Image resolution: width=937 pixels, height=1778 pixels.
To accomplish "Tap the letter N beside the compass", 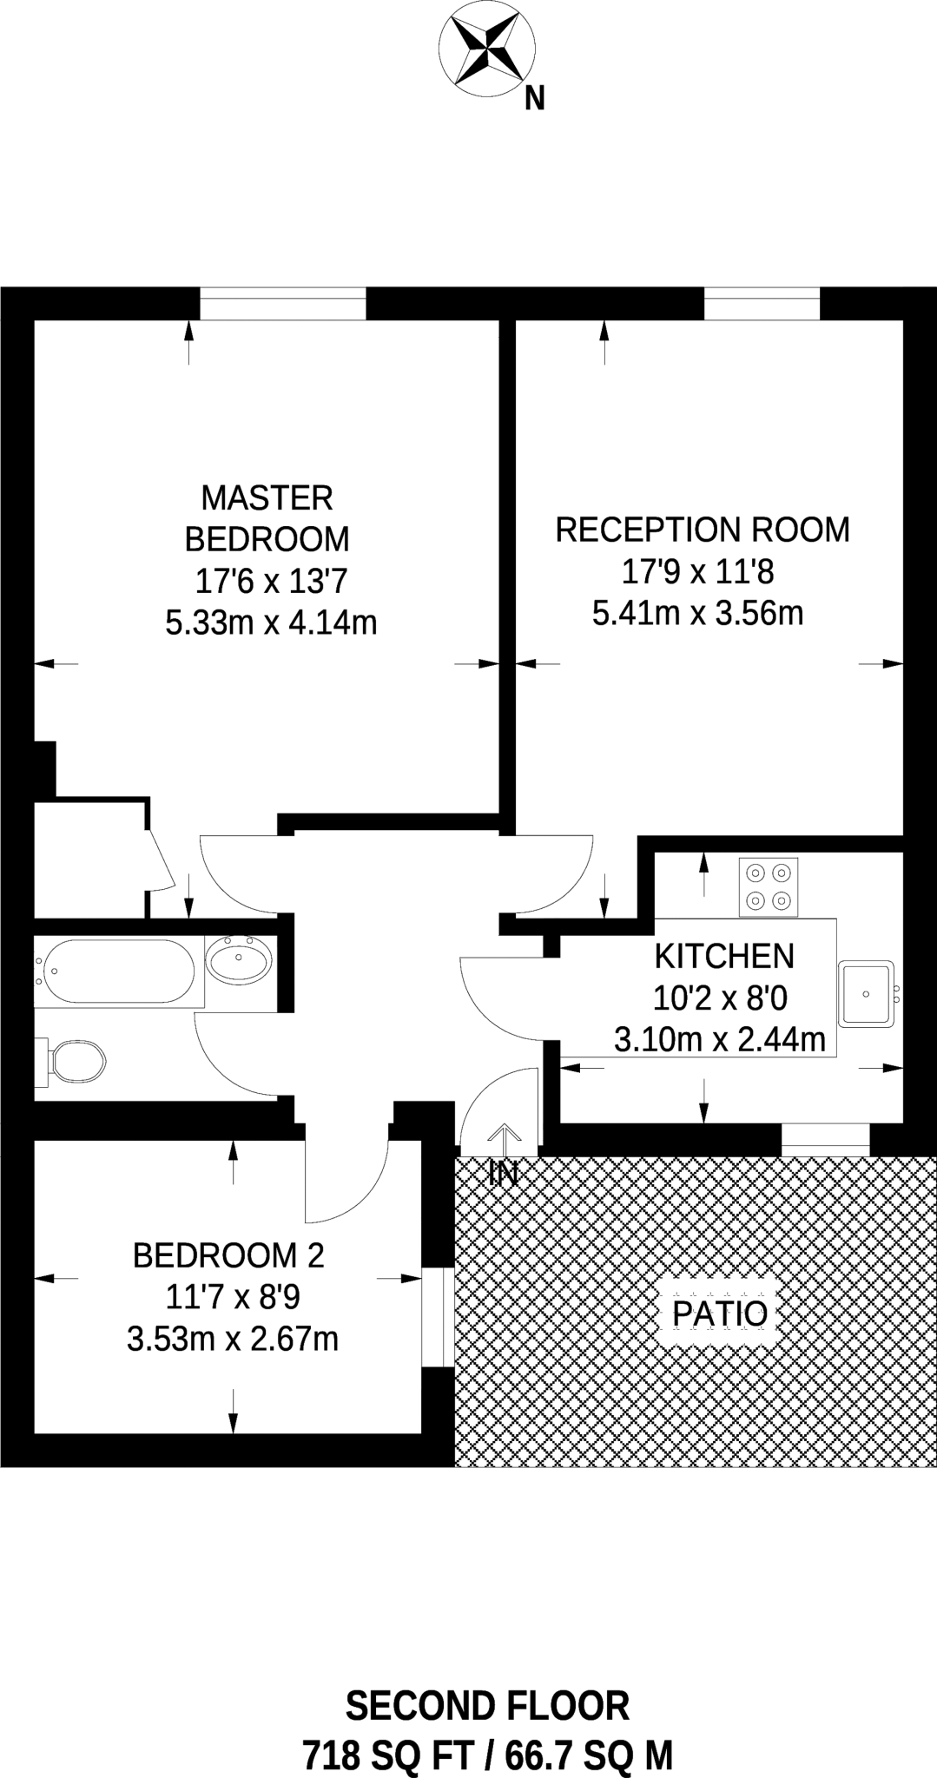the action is click(535, 101).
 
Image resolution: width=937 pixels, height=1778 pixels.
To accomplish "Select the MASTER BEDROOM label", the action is click(267, 518).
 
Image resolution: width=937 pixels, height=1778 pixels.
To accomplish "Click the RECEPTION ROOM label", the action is click(703, 530).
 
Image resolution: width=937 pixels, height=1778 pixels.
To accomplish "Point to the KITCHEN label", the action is click(724, 957).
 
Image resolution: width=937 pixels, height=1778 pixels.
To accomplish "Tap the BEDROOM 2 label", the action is click(228, 1255).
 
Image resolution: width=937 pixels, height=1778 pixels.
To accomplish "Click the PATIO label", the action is click(721, 1314).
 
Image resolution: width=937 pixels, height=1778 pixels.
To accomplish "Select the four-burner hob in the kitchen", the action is click(769, 887).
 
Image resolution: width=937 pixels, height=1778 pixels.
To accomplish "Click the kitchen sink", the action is click(866, 992).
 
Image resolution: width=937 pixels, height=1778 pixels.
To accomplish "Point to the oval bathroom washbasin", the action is click(239, 960).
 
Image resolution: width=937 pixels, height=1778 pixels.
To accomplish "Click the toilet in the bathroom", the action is click(70, 1061).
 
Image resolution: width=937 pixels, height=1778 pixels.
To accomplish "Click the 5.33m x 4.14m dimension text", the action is click(271, 622).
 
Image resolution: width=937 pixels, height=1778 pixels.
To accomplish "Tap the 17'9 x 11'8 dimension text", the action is click(697, 571).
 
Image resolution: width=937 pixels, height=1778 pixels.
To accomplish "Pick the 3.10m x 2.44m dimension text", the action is click(720, 1039).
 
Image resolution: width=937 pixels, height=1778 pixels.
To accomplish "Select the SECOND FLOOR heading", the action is click(487, 1706).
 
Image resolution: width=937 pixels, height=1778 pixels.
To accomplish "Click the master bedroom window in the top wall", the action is click(283, 304).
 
